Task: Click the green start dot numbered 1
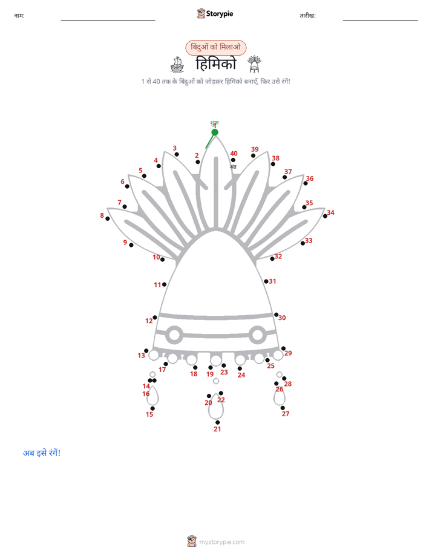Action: [215, 132]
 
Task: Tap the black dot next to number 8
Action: [108, 218]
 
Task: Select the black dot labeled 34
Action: [325, 216]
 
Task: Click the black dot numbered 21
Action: [217, 422]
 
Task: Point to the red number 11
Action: [157, 285]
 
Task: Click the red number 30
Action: [282, 318]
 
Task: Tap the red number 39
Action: [255, 149]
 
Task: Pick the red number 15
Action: [149, 414]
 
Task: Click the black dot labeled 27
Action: [283, 408]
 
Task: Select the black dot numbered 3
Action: [177, 154]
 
